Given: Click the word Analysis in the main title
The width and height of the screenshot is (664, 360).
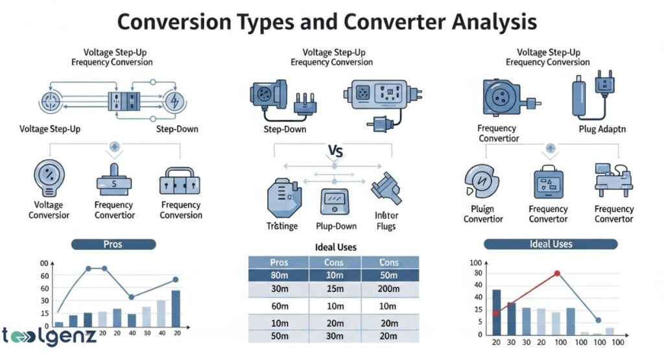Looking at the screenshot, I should click(x=480, y=21).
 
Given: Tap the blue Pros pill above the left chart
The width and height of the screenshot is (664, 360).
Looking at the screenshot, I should click(x=113, y=244).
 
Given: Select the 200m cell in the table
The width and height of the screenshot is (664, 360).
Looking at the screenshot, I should click(x=389, y=289).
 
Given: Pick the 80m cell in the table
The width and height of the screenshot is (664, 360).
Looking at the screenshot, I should click(x=279, y=275).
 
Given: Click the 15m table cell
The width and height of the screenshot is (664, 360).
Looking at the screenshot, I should click(x=334, y=289).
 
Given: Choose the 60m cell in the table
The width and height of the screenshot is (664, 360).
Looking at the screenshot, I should click(x=279, y=306).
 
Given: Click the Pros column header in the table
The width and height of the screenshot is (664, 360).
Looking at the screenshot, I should click(x=279, y=262).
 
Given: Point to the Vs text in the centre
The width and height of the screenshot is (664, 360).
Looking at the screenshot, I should click(x=333, y=154).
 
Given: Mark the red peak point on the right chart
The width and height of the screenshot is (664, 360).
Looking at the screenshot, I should click(x=557, y=274).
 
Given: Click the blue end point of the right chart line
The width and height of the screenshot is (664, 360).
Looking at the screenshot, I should click(x=598, y=320).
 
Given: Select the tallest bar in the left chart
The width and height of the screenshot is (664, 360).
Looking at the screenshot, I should click(x=176, y=308).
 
